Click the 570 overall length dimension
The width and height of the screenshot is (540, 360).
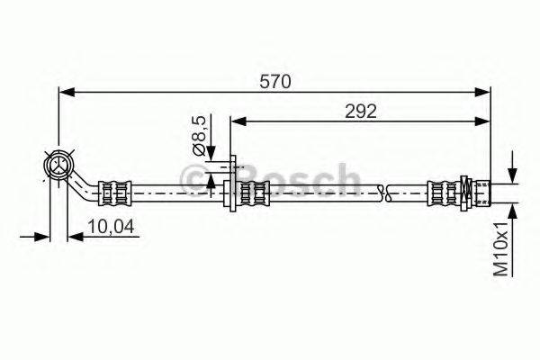(x=274, y=82)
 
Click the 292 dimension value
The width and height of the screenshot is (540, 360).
(x=361, y=111)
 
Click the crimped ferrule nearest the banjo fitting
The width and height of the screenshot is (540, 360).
(x=114, y=190)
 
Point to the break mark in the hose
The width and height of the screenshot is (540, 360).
(x=384, y=190)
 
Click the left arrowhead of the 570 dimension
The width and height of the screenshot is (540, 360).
(x=65, y=91)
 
